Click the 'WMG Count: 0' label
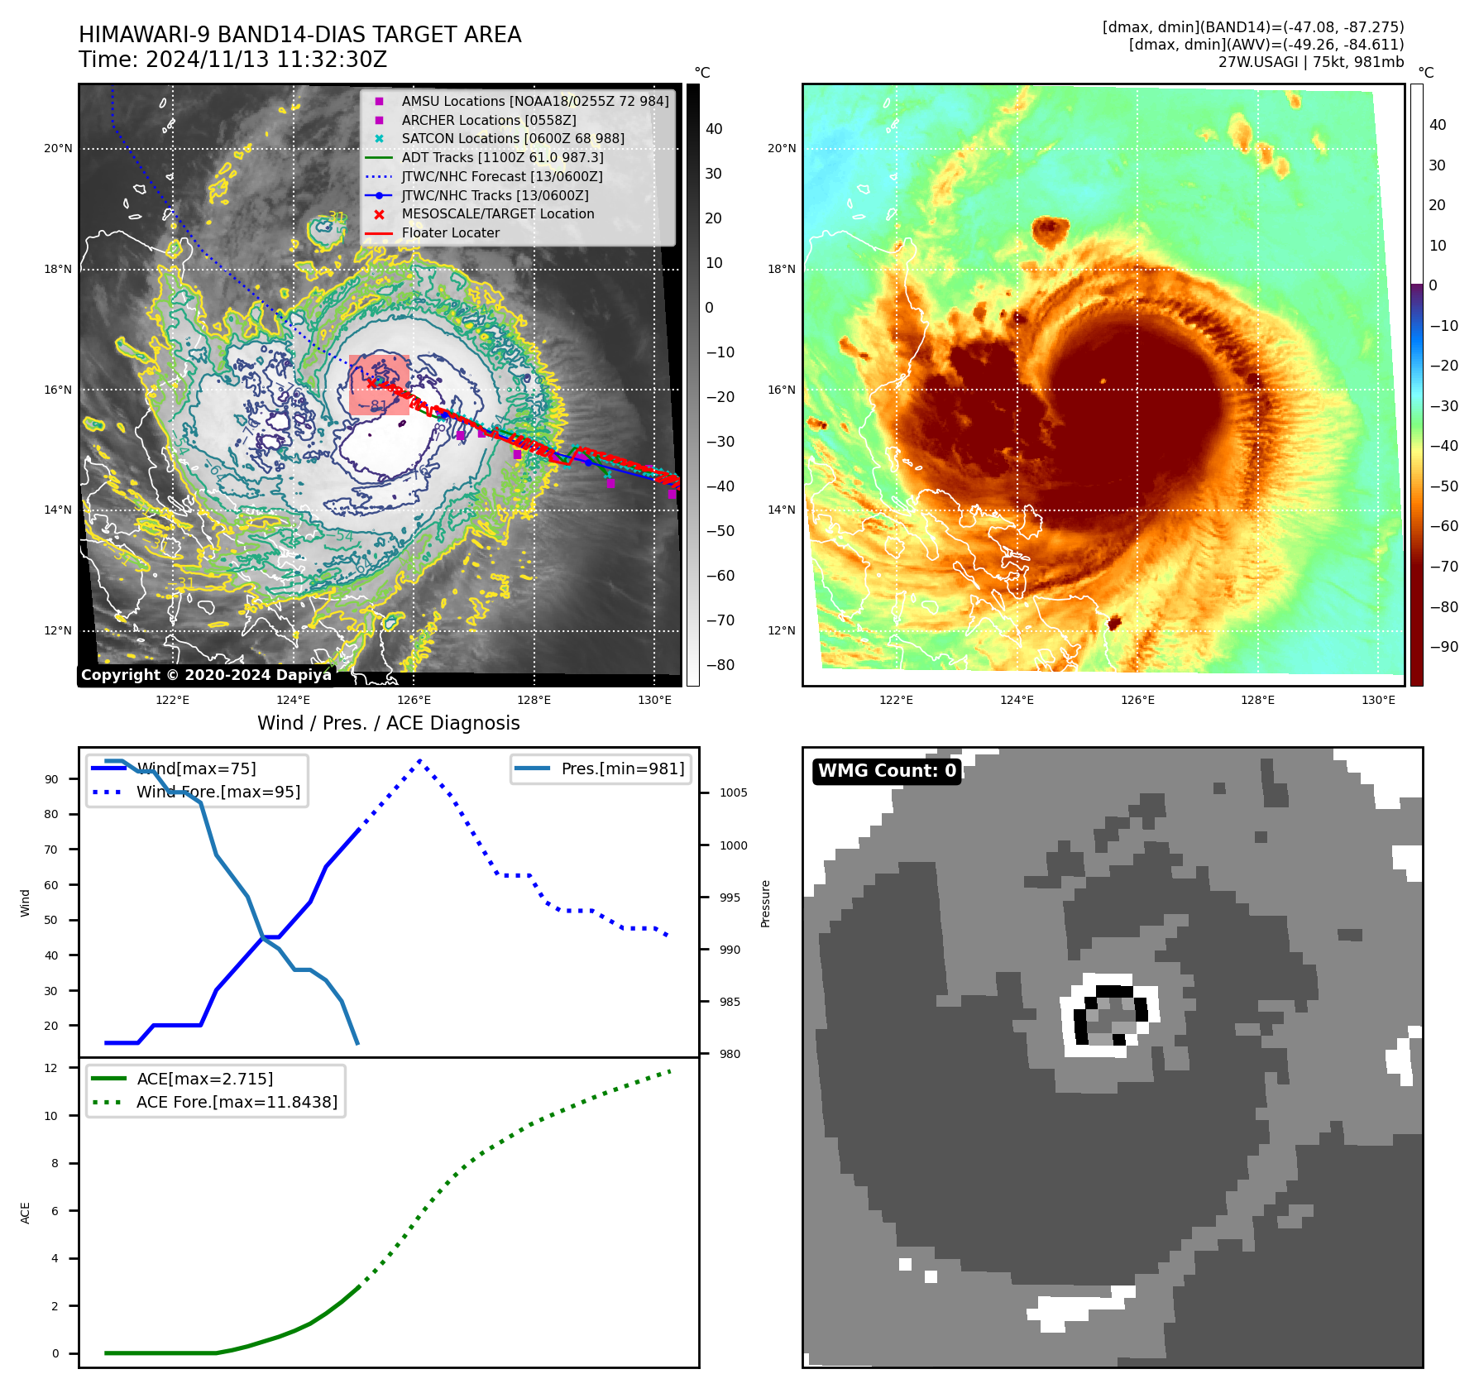coord(887,771)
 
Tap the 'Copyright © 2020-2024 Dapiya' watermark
coord(206,675)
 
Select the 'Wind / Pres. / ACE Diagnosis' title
coord(389,723)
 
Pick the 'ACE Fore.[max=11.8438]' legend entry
coord(237,1102)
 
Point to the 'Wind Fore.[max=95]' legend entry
coord(218,792)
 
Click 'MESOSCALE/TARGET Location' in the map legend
coord(498,213)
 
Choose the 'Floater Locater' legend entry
coord(451,232)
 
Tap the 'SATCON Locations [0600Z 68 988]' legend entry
coord(513,138)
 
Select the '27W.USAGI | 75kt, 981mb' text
coord(1311,62)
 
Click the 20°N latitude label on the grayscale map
coord(58,149)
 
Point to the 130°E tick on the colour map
coord(1378,700)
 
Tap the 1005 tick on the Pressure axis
coord(733,792)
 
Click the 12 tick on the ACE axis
coord(51,1068)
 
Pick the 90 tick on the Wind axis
coord(51,779)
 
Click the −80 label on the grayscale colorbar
coord(720,665)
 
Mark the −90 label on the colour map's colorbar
coord(1443,647)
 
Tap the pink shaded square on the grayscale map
coord(379,385)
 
